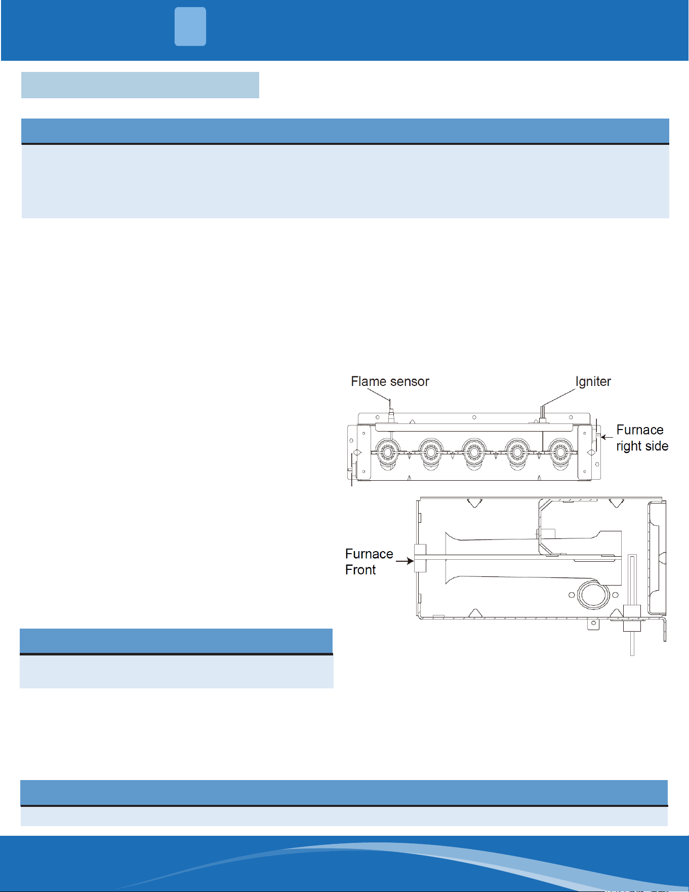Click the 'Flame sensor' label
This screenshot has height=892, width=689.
coord(390,381)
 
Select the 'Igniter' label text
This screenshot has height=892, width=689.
coord(593,382)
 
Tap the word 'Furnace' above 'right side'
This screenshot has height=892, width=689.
coord(640,430)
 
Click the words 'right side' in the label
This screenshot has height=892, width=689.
coord(642,446)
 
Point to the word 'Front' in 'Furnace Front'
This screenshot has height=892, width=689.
coord(360,570)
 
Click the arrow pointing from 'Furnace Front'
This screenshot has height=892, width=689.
coord(404,561)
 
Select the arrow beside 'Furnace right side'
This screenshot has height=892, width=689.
coord(606,437)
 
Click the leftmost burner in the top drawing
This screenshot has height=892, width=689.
coord(387,452)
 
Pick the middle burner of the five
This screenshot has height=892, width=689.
coord(474,452)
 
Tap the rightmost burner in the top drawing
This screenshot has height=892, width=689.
coord(560,452)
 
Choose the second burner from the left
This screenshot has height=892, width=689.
coord(431,452)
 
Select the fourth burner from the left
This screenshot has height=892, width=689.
coord(517,452)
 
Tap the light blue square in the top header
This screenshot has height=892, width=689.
coord(190,26)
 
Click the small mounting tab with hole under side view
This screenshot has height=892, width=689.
coord(593,624)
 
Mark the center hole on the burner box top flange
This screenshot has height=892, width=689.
coord(474,417)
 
